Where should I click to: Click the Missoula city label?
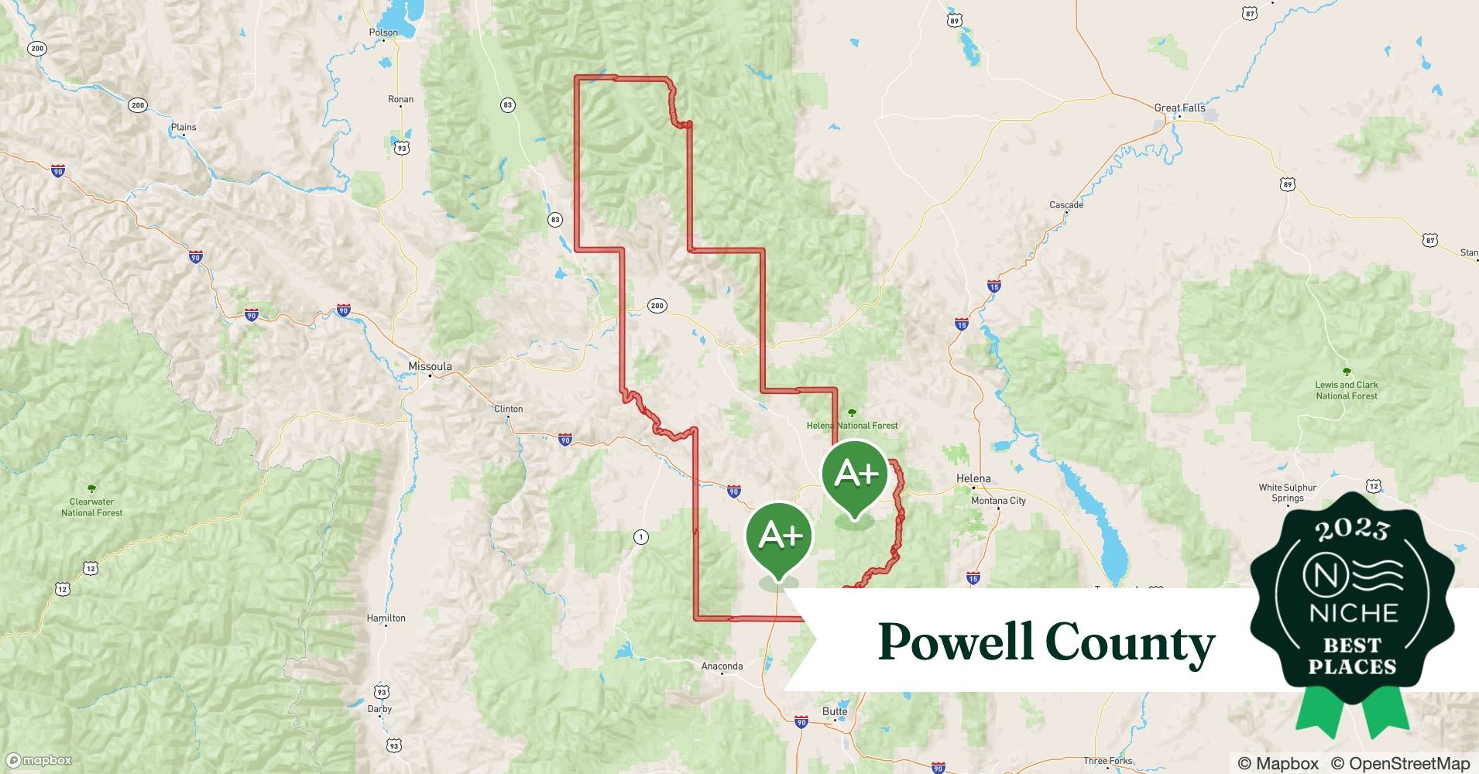pyautogui.click(x=430, y=366)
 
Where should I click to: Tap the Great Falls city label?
pyautogui.click(x=1179, y=108)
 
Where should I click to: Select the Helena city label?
pyautogui.click(x=973, y=478)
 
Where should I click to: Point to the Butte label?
pyautogui.click(x=835, y=711)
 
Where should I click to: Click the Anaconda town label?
pyautogui.click(x=722, y=666)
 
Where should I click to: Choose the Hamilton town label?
pyautogui.click(x=386, y=618)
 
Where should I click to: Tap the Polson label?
pyautogui.click(x=383, y=33)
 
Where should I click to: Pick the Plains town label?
pyautogui.click(x=184, y=127)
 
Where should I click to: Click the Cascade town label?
pyautogui.click(x=1066, y=205)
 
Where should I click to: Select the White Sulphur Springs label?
pyautogui.click(x=1287, y=493)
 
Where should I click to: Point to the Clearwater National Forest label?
pyautogui.click(x=91, y=507)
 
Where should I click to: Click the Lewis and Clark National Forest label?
pyautogui.click(x=1347, y=390)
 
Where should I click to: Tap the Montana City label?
pyautogui.click(x=998, y=501)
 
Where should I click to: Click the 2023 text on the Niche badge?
pyautogui.click(x=1352, y=529)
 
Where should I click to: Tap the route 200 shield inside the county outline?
pyautogui.click(x=657, y=306)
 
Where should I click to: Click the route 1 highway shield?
pyautogui.click(x=640, y=537)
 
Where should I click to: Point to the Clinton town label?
pyautogui.click(x=508, y=409)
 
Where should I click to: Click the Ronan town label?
pyautogui.click(x=400, y=99)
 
